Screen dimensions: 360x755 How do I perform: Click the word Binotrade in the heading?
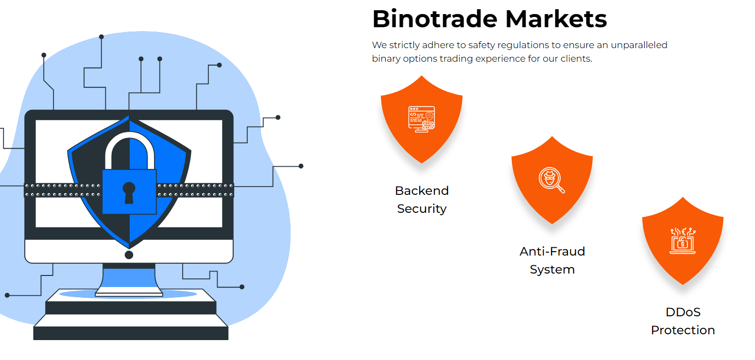(x=435, y=19)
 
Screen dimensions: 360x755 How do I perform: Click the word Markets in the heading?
(x=556, y=19)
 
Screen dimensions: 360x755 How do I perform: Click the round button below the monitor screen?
(x=129, y=255)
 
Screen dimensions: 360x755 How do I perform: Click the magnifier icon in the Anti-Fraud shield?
(x=552, y=180)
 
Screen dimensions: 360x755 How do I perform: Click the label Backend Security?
(x=422, y=199)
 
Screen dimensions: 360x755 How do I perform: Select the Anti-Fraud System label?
(x=552, y=260)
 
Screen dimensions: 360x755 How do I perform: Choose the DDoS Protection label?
(x=683, y=321)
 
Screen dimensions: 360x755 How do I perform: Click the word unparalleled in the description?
(x=639, y=45)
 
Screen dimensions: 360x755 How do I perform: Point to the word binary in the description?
(x=385, y=59)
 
